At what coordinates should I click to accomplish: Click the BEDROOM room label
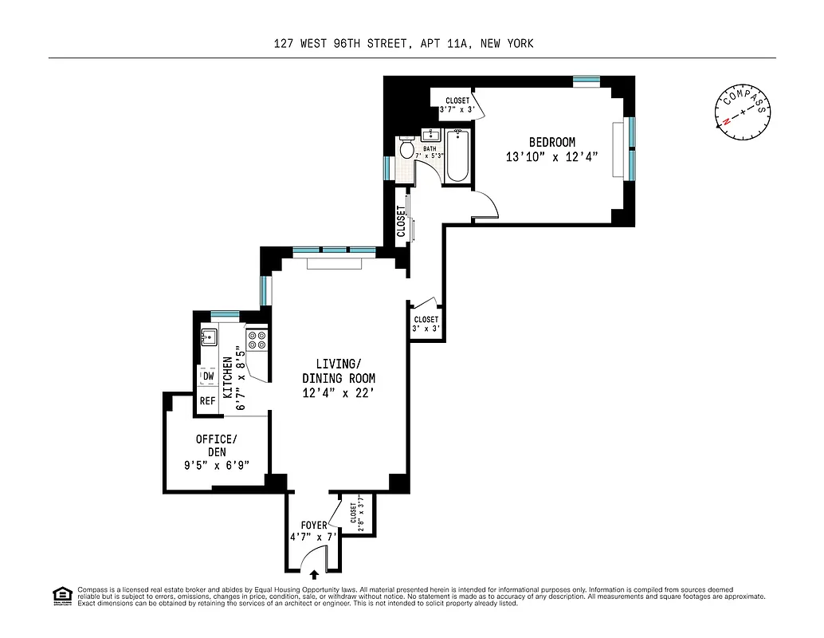(551, 142)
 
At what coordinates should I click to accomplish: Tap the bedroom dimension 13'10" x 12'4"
(551, 157)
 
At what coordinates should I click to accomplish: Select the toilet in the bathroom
(406, 150)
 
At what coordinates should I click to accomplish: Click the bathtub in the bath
(457, 156)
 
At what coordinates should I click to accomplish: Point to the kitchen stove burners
(257, 341)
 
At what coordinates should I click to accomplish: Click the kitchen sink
(209, 337)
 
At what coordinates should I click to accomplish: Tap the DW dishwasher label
(208, 376)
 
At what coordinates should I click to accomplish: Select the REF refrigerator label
(207, 401)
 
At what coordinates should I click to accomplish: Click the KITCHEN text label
(227, 378)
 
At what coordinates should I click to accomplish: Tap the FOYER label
(313, 526)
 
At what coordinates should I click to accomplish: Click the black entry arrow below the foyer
(315, 573)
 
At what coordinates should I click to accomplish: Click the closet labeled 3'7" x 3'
(457, 105)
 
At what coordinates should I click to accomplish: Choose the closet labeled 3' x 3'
(426, 324)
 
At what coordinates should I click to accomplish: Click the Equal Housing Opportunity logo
(61, 595)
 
